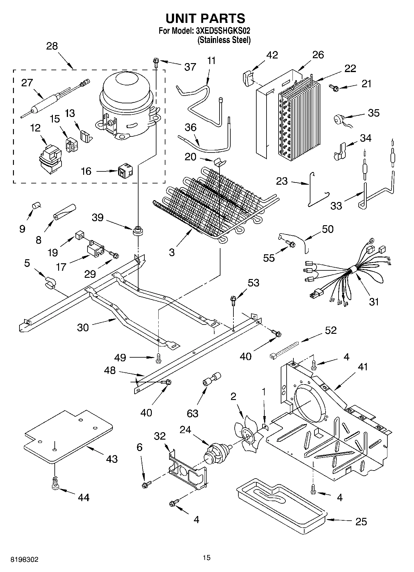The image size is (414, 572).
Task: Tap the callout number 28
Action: pyautogui.click(x=52, y=46)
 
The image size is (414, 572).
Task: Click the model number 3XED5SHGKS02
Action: pyautogui.click(x=223, y=31)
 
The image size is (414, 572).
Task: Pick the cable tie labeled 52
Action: pyautogui.click(x=284, y=350)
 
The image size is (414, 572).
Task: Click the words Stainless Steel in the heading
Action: pyautogui.click(x=224, y=40)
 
